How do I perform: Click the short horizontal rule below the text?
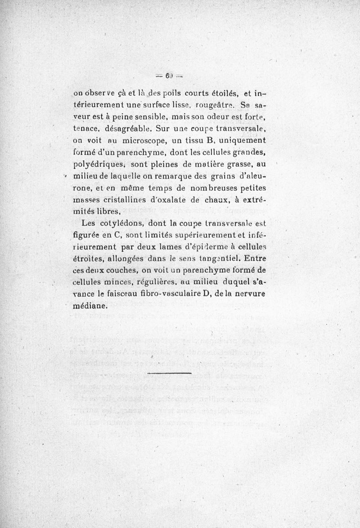tap(169, 373)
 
